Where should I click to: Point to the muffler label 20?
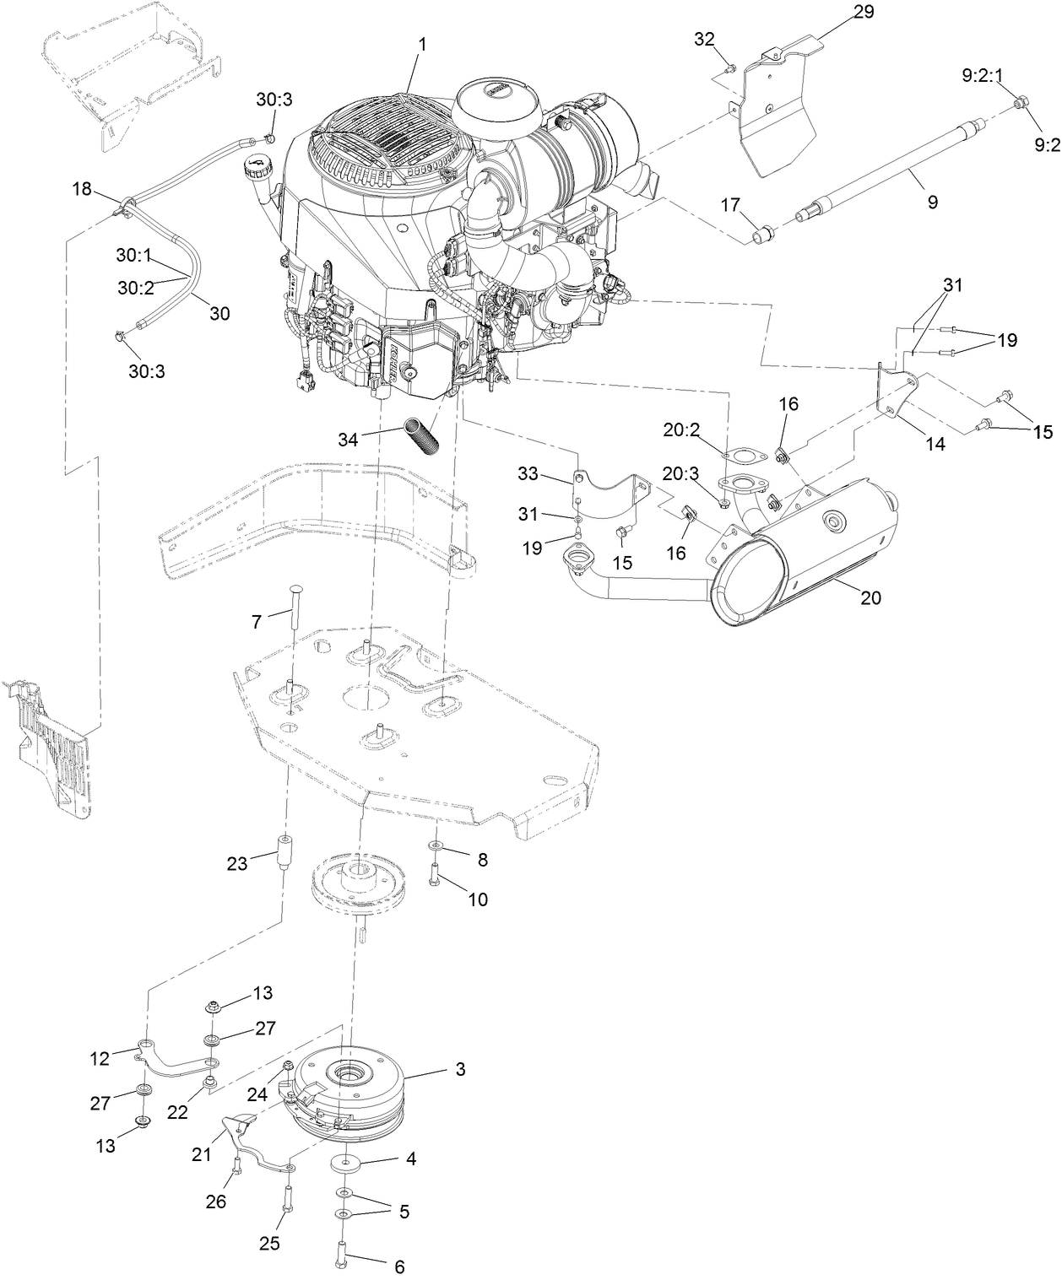tap(870, 597)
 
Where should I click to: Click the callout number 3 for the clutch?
tap(460, 1069)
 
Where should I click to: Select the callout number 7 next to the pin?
tap(257, 622)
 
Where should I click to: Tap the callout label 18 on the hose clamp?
tap(82, 189)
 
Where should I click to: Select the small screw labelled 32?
tap(731, 68)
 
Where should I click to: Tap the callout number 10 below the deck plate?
tap(478, 899)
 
